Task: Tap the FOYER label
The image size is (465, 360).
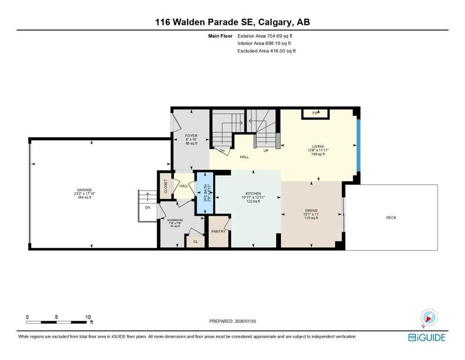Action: coord(191,136)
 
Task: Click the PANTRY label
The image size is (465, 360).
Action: coord(218,231)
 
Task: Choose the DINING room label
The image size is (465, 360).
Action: coord(310,210)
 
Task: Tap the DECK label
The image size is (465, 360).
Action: coord(391,217)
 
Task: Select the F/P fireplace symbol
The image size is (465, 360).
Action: coord(316,113)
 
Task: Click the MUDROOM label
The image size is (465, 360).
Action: coord(175,220)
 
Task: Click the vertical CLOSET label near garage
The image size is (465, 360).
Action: coord(165,186)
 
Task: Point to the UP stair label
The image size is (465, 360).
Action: coord(265,151)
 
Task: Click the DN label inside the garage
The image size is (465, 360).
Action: coord(148,207)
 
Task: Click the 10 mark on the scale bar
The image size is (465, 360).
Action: coord(88,317)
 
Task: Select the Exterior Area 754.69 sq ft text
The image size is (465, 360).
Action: coord(267,36)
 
